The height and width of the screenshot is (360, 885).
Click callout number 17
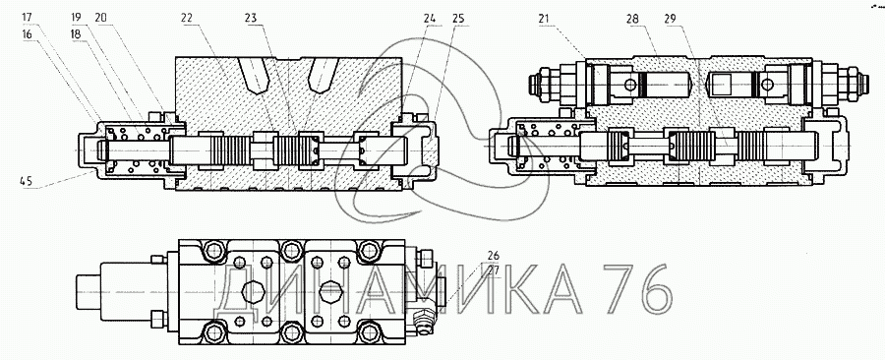(28, 17)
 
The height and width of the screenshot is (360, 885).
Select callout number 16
(28, 33)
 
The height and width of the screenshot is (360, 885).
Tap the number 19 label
(77, 17)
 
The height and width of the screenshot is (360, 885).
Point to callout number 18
(77, 33)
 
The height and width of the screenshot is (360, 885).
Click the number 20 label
(101, 17)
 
